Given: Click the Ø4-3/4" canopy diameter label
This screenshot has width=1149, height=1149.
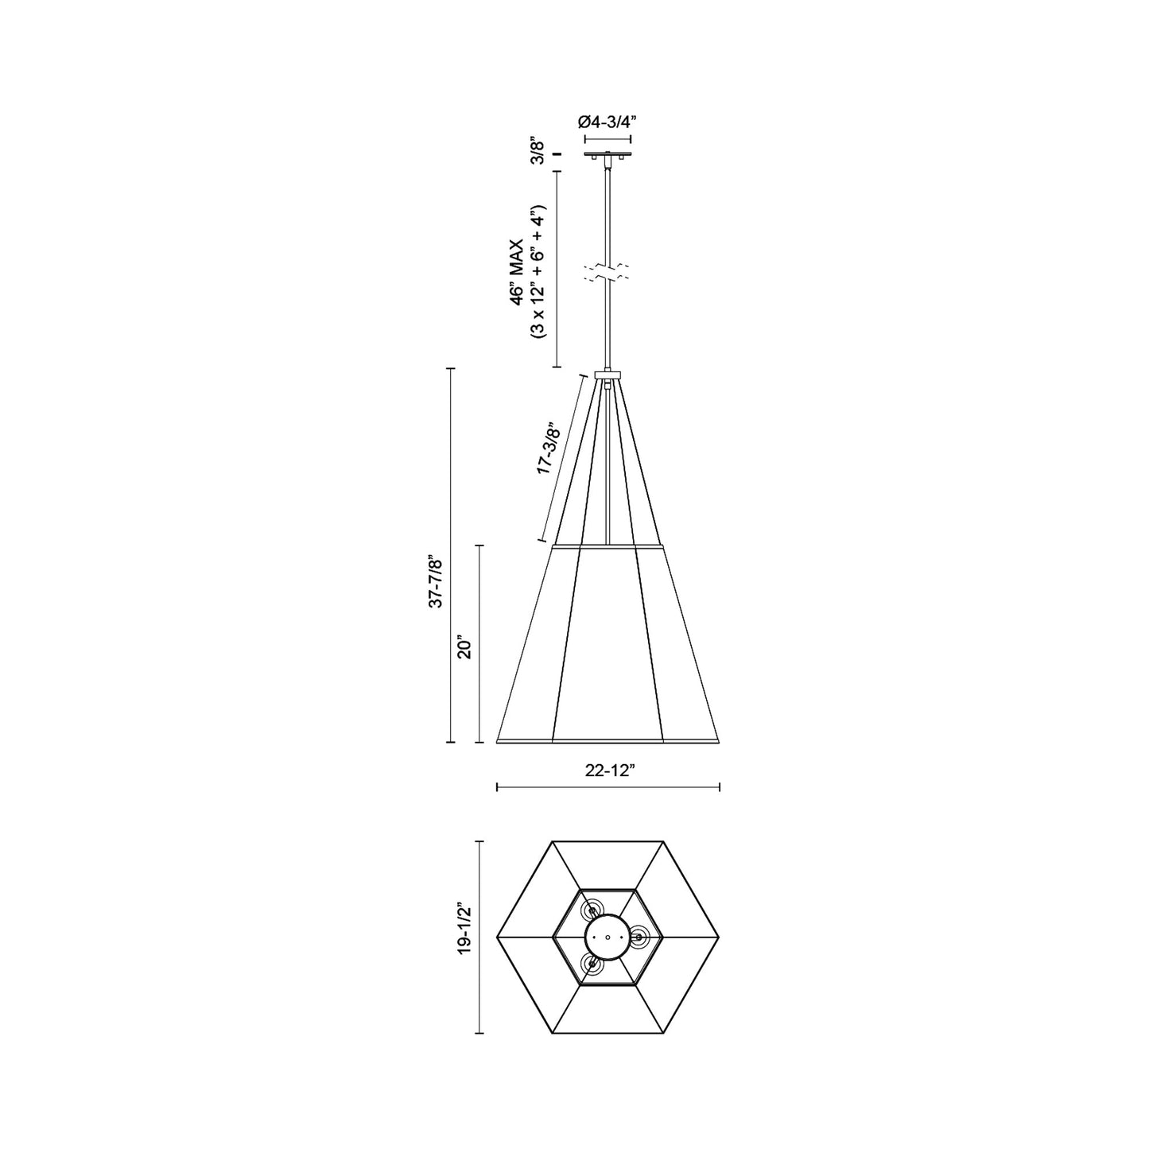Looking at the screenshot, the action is click(x=607, y=122).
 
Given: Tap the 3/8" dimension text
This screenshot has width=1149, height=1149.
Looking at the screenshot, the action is click(x=539, y=152).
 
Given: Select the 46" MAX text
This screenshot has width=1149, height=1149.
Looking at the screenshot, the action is click(x=516, y=272).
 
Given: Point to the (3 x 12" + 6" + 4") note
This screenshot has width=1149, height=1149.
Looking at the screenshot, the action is click(x=538, y=273).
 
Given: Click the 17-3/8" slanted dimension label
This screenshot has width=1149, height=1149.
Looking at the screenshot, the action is click(x=550, y=441).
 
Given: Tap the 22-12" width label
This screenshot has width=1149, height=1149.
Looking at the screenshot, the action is click(x=607, y=771).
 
